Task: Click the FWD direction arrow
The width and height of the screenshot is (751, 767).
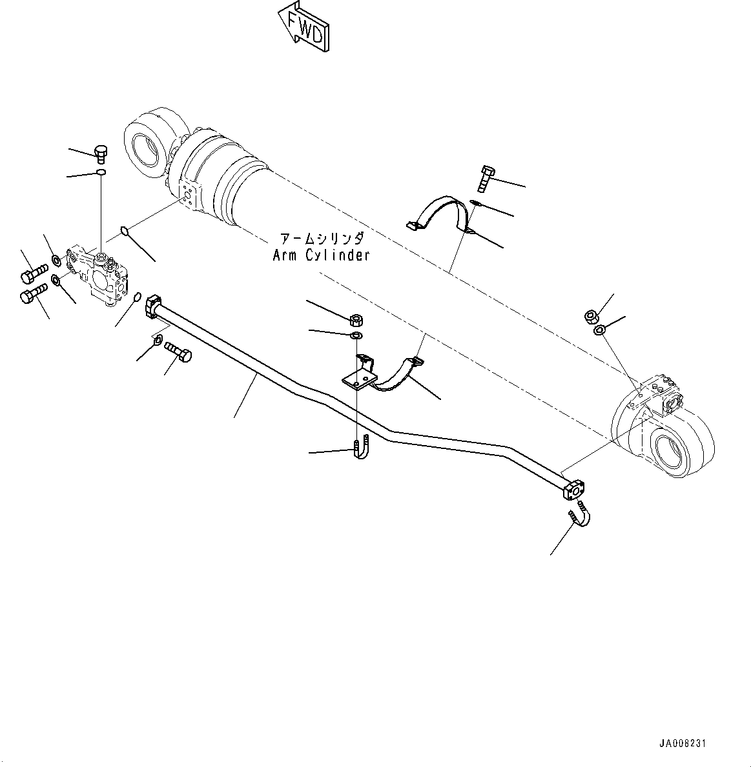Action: point(303,26)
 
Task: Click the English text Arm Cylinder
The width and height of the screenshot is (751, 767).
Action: point(321,255)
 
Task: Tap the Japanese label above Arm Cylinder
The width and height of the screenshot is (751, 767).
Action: point(321,238)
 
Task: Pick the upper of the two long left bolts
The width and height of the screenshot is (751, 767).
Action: point(34,273)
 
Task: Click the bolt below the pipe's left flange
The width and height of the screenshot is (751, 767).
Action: point(179,352)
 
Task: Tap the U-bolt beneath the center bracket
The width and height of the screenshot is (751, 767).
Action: point(361,447)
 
